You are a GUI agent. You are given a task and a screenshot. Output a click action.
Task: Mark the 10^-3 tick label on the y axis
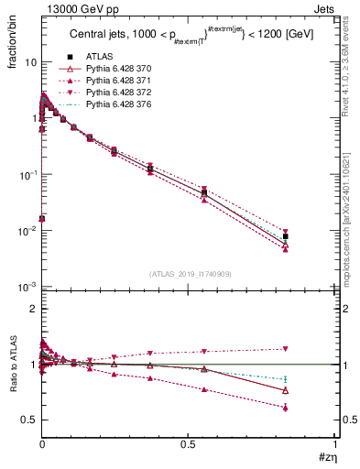pyautogui.click(x=27, y=287)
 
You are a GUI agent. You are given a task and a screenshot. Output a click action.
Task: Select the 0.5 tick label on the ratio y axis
pyautogui.click(x=28, y=420)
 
